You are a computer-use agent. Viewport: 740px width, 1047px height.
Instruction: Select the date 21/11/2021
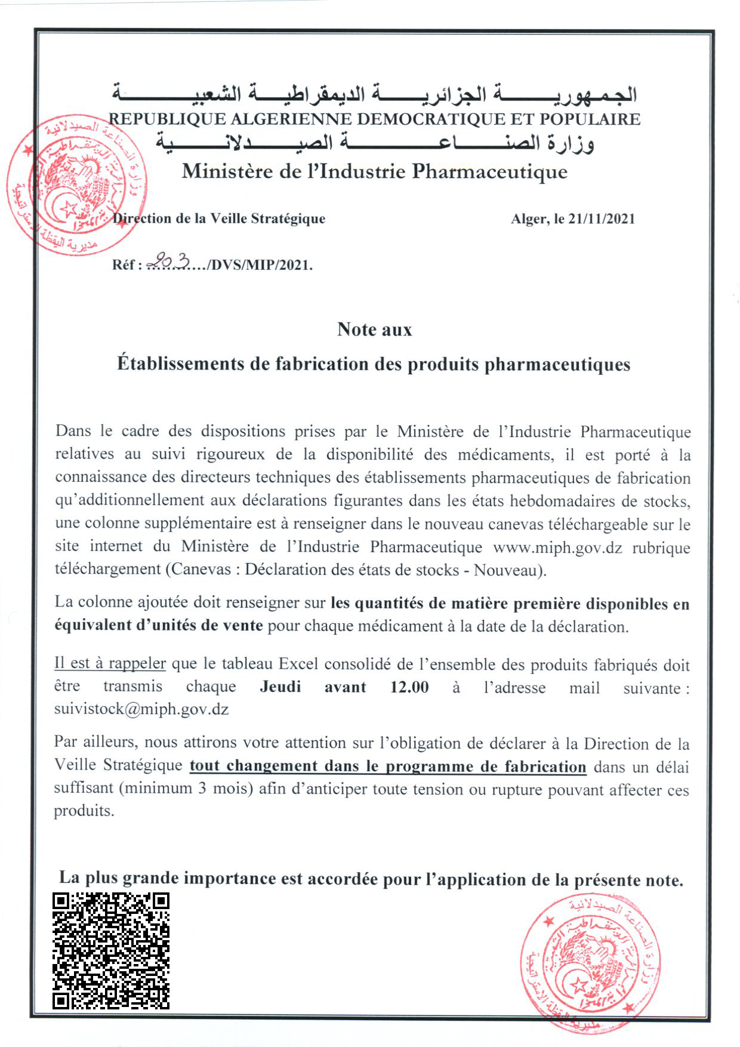(602, 219)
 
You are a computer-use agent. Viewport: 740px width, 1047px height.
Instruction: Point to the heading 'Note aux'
(374, 330)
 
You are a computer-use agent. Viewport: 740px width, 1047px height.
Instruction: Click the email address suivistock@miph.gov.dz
(141, 709)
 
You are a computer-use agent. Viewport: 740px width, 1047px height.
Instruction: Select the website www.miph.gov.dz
(557, 547)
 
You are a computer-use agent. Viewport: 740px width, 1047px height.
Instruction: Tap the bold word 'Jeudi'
(280, 686)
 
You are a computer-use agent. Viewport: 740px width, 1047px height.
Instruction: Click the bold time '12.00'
(409, 686)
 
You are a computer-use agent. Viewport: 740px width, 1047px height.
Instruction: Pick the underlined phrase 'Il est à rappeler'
(110, 663)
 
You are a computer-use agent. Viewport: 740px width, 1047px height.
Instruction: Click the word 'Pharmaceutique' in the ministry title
(490, 172)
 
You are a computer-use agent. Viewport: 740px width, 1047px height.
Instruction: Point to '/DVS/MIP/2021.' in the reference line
(260, 264)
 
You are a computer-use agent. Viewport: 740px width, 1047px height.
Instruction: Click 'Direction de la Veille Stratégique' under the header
(219, 218)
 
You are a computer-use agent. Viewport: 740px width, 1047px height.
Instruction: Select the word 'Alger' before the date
(529, 219)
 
